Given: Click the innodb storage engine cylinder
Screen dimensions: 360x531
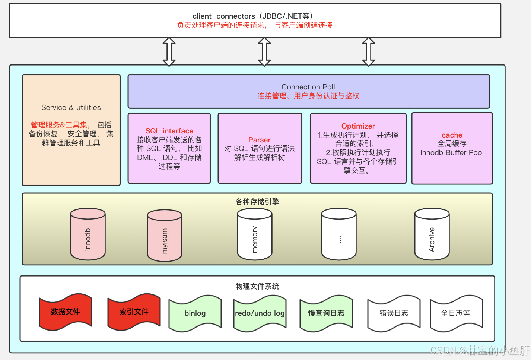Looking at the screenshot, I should tap(88, 234).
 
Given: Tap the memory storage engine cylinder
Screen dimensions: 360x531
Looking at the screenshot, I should tap(255, 234).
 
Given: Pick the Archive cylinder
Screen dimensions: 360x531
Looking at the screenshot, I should tap(432, 234).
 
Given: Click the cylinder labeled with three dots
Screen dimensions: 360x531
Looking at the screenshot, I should tap(339, 234).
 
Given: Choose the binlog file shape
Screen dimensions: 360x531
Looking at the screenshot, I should tap(195, 313).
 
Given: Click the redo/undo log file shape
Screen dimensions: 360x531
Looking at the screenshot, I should tap(260, 313).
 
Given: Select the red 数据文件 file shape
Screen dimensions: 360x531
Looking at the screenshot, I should tap(66, 312).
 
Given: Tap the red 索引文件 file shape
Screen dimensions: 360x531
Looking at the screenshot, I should tap(134, 312).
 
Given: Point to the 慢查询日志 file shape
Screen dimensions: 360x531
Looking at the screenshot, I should tap(326, 313).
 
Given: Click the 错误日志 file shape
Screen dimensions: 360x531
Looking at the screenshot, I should tap(394, 313).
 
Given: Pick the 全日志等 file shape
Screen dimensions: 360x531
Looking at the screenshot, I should tap(457, 313).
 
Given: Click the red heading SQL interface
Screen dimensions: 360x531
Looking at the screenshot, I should tap(169, 131).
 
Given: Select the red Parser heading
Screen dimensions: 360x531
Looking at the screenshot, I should tap(260, 140).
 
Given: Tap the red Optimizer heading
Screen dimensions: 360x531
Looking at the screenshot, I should tap(358, 126).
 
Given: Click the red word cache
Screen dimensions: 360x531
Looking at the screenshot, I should tap(452, 135).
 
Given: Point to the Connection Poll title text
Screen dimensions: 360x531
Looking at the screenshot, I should tap(308, 87).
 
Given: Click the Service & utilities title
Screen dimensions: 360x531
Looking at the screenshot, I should tap(71, 107).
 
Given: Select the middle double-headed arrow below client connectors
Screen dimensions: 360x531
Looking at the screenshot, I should tap(264, 51).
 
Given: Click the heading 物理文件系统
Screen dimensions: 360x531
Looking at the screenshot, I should tap(257, 286).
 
